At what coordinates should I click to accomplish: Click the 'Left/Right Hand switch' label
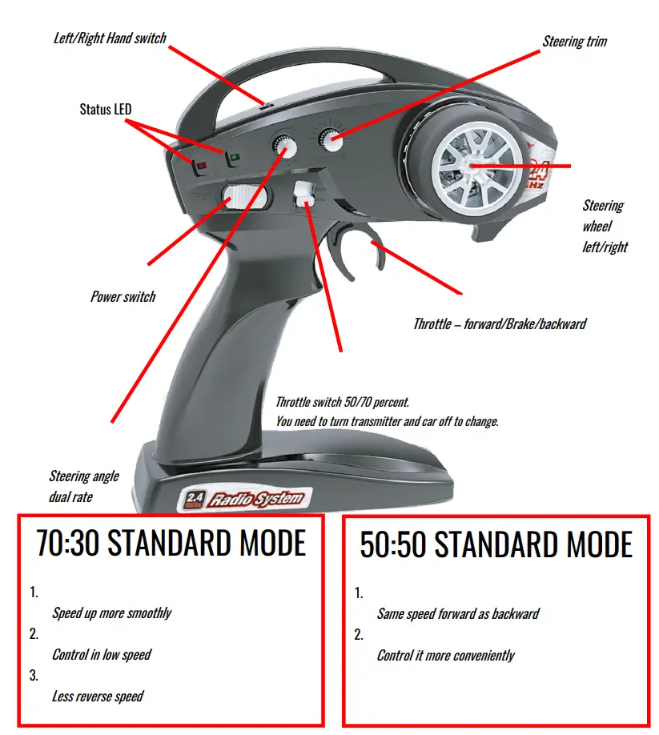[109, 38]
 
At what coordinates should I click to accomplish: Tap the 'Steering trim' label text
[575, 41]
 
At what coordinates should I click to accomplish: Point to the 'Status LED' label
[106, 108]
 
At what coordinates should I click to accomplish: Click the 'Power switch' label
[123, 296]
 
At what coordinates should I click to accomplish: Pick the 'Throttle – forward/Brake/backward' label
[500, 324]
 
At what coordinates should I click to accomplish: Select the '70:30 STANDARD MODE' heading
[171, 544]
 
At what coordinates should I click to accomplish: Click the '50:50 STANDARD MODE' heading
[496, 545]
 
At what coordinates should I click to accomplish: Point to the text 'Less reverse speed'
[97, 696]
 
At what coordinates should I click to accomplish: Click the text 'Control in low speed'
[102, 654]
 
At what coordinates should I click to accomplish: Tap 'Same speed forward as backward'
[458, 614]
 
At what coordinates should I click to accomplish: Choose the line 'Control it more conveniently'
[445, 656]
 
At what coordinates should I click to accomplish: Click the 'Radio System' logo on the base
[256, 500]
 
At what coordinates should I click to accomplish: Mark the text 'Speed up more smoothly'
[111, 613]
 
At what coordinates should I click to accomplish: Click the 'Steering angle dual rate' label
[83, 486]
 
